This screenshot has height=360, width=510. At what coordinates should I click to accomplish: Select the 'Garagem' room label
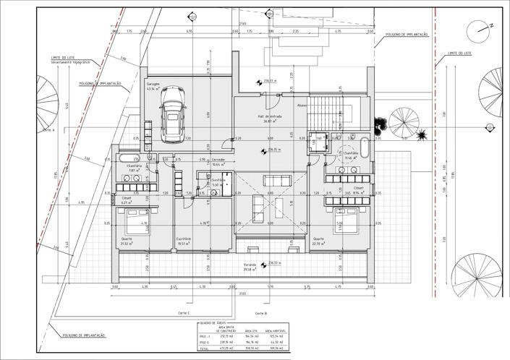point(153,84)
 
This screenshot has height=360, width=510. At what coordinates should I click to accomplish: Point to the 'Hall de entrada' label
point(269,116)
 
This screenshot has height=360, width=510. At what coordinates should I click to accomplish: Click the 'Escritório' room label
point(184,239)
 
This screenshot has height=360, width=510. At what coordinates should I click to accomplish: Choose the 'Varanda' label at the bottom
point(250,265)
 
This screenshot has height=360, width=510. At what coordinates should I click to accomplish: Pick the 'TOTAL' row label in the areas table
point(203,348)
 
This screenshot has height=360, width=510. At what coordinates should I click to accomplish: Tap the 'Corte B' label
point(261,312)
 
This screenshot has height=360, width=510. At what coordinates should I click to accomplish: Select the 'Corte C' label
point(183,312)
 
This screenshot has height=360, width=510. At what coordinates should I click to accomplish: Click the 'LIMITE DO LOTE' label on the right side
point(460,53)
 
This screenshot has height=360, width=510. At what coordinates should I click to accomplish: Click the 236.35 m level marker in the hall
point(273,150)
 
